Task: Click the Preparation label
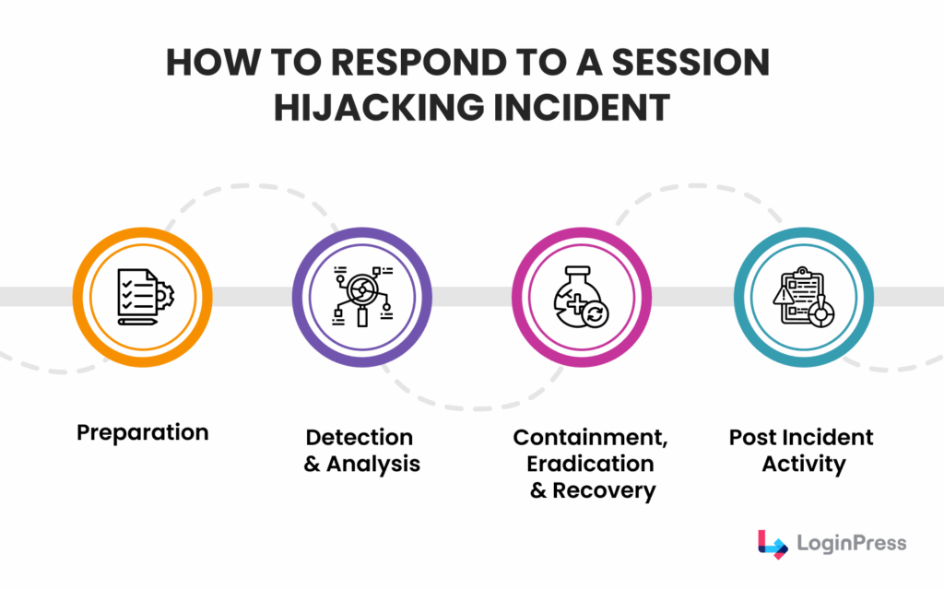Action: click(143, 431)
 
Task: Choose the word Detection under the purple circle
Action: click(360, 437)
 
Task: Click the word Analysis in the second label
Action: click(373, 464)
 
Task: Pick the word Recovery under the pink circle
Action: click(604, 490)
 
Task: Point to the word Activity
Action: click(804, 464)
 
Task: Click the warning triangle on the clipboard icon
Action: click(784, 294)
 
